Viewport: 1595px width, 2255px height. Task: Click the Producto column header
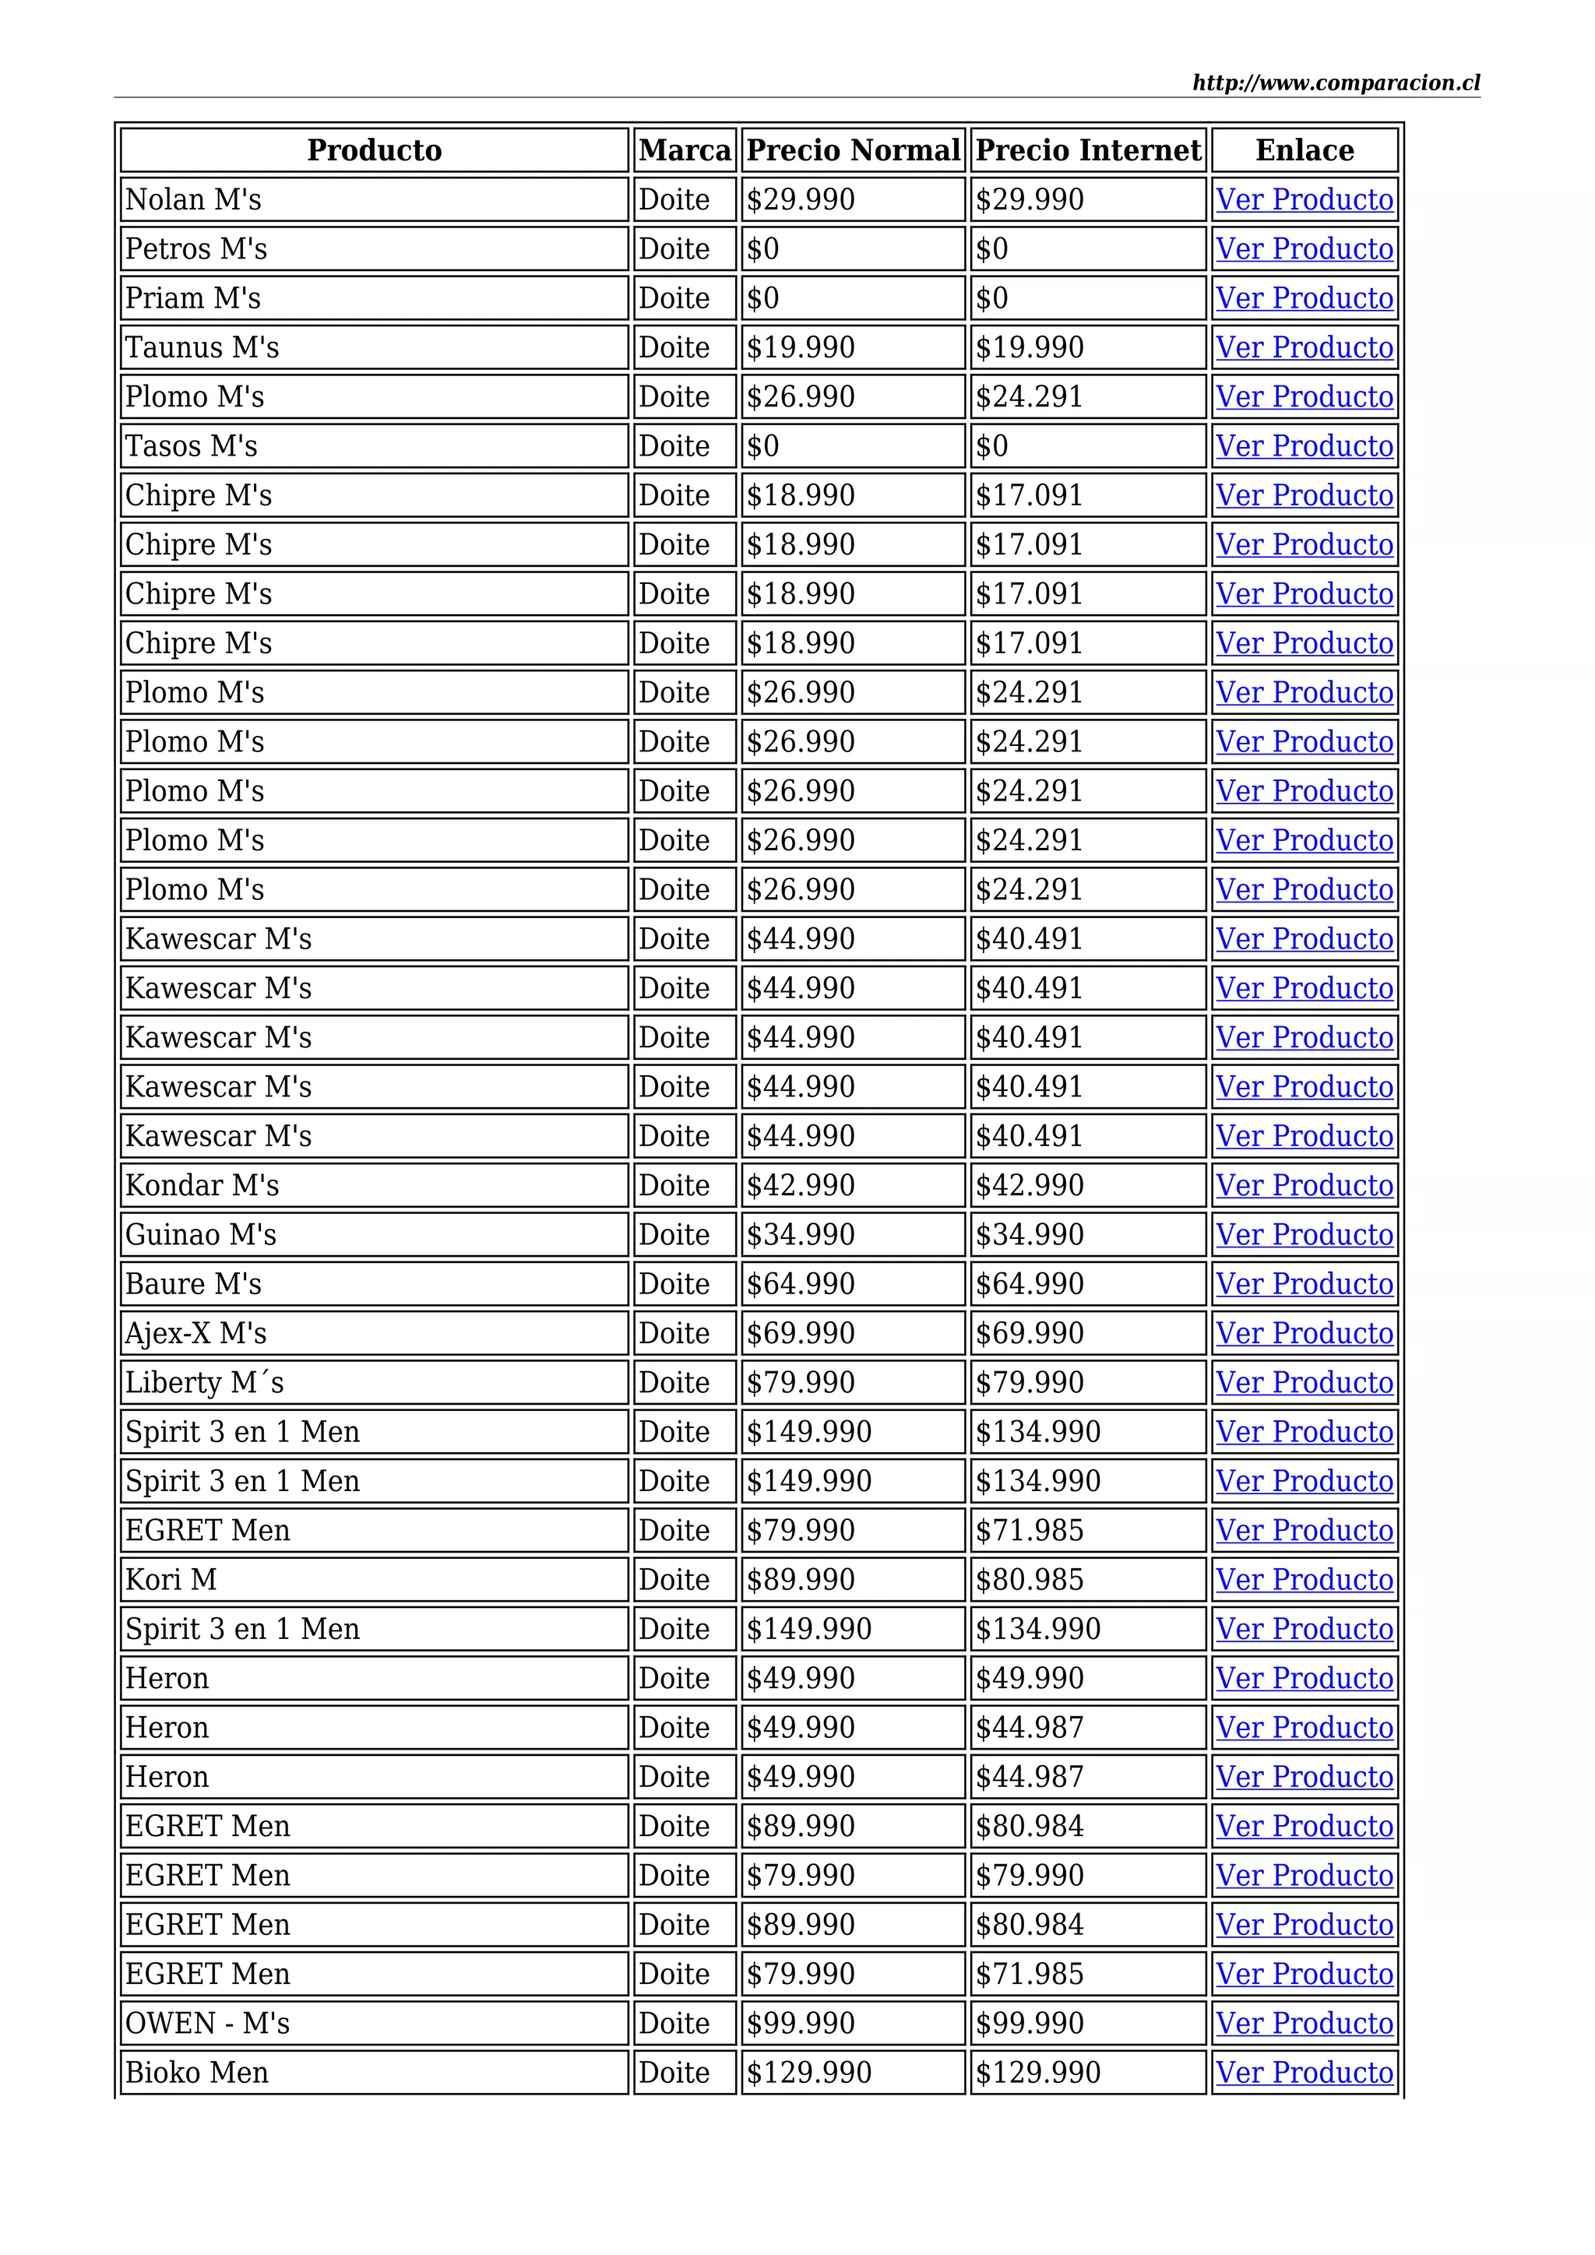(x=374, y=150)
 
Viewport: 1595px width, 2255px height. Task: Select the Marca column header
(x=685, y=150)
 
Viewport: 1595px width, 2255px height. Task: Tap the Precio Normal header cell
(x=853, y=150)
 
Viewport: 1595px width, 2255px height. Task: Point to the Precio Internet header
(x=1087, y=150)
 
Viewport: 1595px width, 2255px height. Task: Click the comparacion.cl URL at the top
(x=1336, y=83)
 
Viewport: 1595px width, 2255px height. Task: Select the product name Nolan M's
(x=193, y=200)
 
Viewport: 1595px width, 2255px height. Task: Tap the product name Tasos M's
(x=192, y=446)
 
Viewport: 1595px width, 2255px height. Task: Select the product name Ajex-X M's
(x=196, y=1333)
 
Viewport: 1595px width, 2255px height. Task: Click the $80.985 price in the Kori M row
(x=1030, y=1579)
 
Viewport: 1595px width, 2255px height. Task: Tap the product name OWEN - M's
(x=207, y=2022)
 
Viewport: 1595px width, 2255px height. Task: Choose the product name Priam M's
(x=193, y=298)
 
